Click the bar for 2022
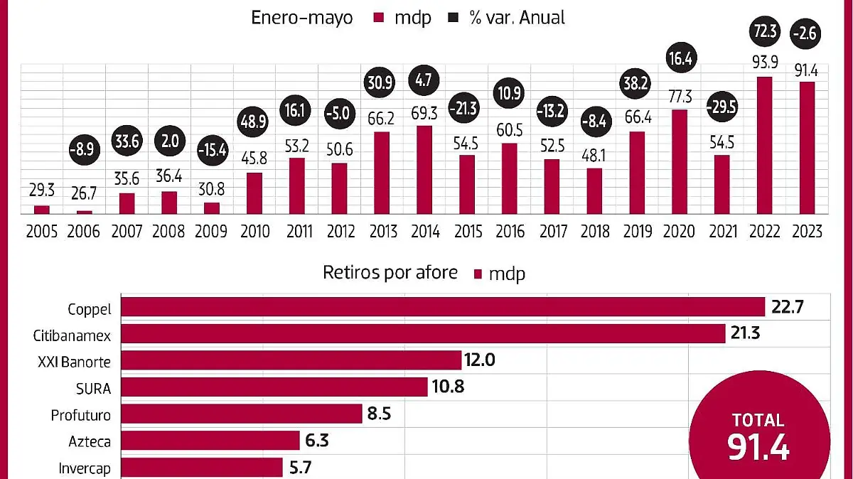coord(765,145)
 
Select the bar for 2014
coord(424,169)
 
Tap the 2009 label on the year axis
coord(211,232)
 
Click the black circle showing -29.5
coord(722,107)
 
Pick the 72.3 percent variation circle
coord(765,32)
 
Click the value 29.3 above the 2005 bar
coord(42,191)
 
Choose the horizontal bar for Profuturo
coord(242,414)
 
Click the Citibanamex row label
coord(73,335)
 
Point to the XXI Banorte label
coord(75,362)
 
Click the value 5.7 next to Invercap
coord(303,467)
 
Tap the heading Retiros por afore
coord(390,272)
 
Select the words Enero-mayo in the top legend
coord(302,18)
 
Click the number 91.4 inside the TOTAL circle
coord(758,448)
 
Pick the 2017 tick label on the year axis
coord(552,232)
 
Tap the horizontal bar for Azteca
coord(210,441)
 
